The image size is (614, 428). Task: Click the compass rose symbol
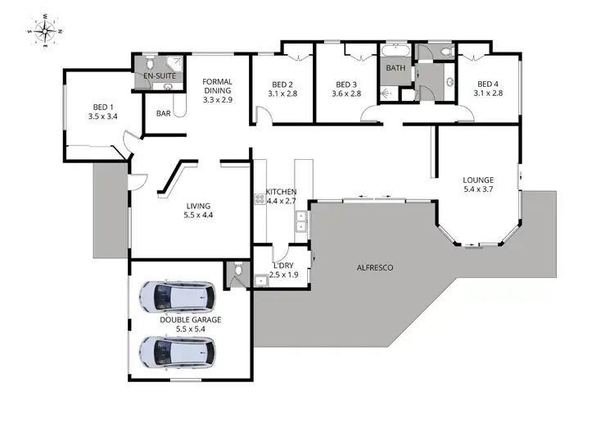46,30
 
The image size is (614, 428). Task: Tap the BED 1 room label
102,107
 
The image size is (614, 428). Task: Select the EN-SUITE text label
160,76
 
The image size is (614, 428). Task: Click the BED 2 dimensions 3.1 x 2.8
282,93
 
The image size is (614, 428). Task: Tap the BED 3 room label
346,84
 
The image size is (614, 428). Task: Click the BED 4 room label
488,84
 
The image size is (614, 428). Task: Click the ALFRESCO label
376,267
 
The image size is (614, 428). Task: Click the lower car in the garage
177,352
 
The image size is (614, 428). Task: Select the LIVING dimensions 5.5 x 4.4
197,216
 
